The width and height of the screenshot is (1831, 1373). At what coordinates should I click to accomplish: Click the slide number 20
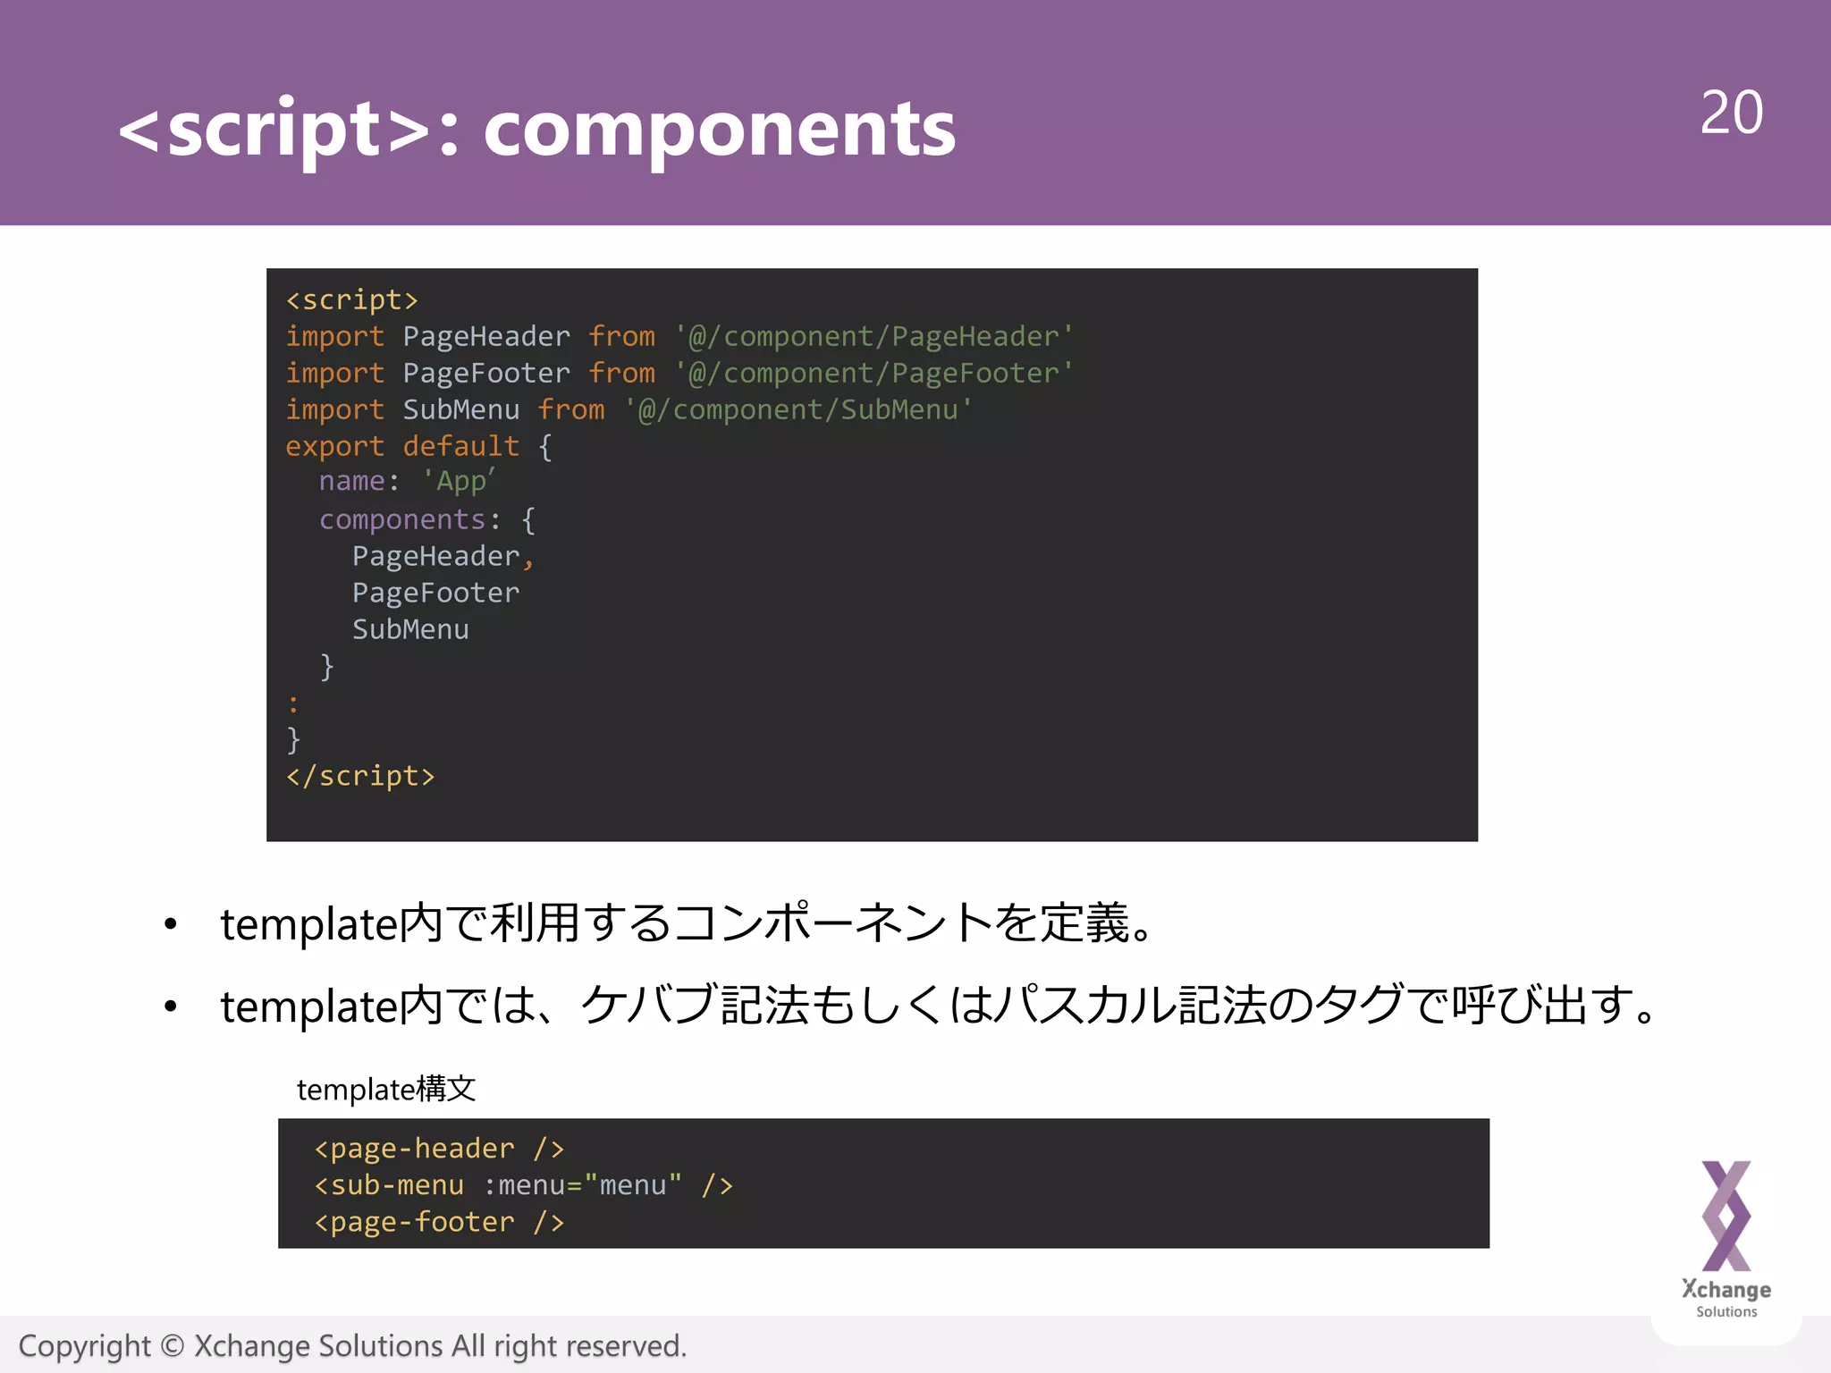pos(1731,114)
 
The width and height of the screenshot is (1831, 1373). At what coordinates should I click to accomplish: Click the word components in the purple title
pos(719,131)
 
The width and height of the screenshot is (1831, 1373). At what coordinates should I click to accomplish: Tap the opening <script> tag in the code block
pos(351,300)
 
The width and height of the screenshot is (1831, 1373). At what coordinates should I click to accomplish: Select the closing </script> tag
pos(360,776)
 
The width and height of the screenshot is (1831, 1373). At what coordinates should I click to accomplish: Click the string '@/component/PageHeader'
pos(873,337)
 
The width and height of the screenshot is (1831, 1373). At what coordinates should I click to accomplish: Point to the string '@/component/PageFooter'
pos(873,374)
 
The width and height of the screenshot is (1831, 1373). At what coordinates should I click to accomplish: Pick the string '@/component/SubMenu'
pos(797,410)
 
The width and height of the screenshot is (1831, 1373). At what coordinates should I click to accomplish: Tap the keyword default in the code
pos(460,447)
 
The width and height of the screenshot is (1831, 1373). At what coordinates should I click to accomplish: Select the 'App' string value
pos(459,482)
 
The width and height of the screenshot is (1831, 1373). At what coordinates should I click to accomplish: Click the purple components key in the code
pos(401,520)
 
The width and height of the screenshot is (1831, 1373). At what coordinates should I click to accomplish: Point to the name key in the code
pos(351,482)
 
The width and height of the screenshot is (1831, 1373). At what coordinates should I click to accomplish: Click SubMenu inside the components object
pos(410,630)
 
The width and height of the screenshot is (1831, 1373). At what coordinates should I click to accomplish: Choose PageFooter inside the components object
pos(435,594)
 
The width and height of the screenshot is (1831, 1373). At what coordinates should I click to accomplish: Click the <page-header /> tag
pos(439,1149)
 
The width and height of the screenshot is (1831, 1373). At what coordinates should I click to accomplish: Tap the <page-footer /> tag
pos(439,1222)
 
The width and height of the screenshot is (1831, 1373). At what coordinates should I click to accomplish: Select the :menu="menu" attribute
pos(582,1185)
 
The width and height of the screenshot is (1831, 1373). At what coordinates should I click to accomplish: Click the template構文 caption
pos(386,1090)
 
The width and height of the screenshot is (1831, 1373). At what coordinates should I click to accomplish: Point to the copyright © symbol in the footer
pos(173,1346)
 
